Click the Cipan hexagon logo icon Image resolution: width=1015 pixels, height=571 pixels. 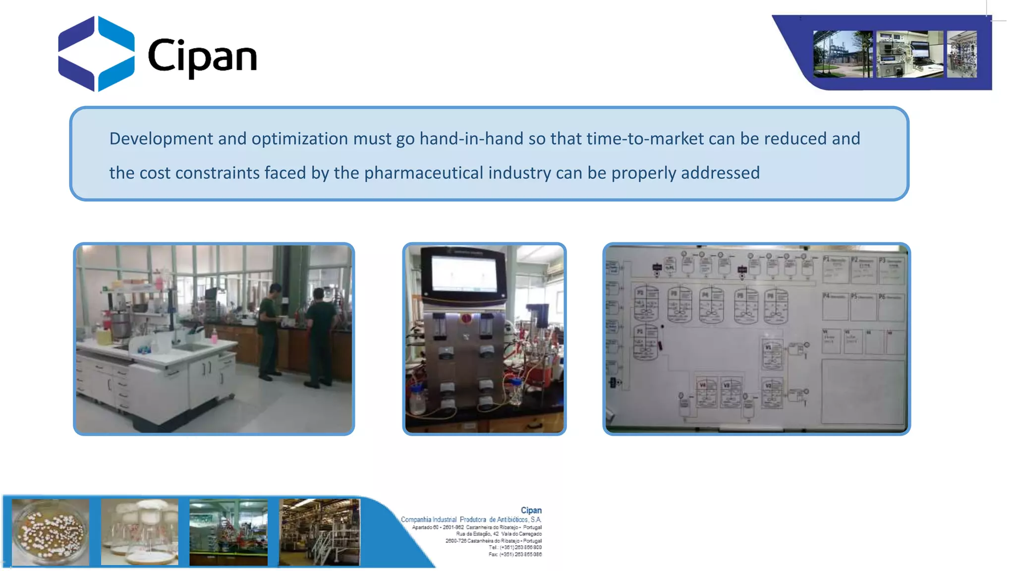(x=96, y=54)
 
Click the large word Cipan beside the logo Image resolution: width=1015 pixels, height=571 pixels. (x=202, y=57)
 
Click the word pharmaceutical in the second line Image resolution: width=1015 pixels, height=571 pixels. (x=423, y=173)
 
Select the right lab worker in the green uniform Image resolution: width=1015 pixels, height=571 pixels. (x=319, y=337)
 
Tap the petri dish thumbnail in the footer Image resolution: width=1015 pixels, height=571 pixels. (x=51, y=532)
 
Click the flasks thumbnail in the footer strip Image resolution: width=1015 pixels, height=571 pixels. (x=139, y=532)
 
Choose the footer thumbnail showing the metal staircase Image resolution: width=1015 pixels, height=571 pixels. (x=319, y=532)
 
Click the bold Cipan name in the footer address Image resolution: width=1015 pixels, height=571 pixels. (x=531, y=510)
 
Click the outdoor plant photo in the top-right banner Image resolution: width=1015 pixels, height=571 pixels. (x=842, y=54)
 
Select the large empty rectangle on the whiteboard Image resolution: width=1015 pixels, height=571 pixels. (x=863, y=392)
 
